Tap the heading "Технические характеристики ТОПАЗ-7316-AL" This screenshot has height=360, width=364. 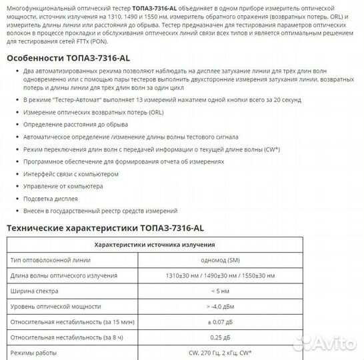click(105, 228)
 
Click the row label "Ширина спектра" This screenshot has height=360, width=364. click(31, 291)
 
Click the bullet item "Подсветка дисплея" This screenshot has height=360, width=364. click(51, 199)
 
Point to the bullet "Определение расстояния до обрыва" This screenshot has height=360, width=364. click(76, 124)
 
